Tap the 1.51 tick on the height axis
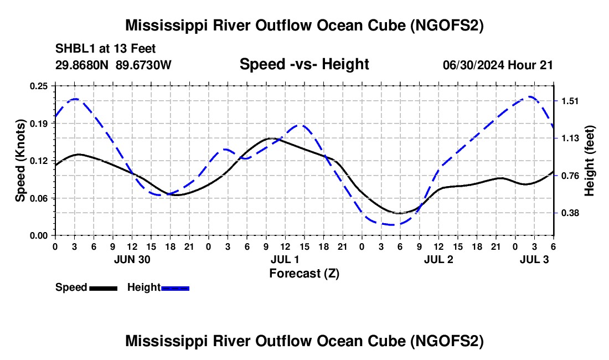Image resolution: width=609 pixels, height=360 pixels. click(x=570, y=101)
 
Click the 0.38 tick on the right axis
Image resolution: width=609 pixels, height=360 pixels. click(x=570, y=213)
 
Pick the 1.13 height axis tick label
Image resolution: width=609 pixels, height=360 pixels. click(x=570, y=138)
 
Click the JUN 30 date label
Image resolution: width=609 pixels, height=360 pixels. click(x=132, y=259)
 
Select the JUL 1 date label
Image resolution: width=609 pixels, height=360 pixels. click(x=285, y=259)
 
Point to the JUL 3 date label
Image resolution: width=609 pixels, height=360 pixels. click(x=534, y=259)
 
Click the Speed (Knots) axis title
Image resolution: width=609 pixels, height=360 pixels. click(x=20, y=161)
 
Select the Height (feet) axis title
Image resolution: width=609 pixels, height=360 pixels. click(x=590, y=161)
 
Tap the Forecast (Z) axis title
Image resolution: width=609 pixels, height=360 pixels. click(x=304, y=273)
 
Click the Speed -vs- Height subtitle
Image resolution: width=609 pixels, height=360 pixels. click(x=304, y=65)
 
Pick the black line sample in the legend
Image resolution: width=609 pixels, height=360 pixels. click(x=103, y=288)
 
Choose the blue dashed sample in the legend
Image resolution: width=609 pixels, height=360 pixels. click(x=175, y=288)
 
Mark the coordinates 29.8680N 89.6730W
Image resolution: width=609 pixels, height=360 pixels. click(x=113, y=65)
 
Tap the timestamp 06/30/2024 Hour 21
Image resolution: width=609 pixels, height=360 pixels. click(x=498, y=65)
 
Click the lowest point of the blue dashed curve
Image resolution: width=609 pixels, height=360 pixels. click(x=391, y=225)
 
